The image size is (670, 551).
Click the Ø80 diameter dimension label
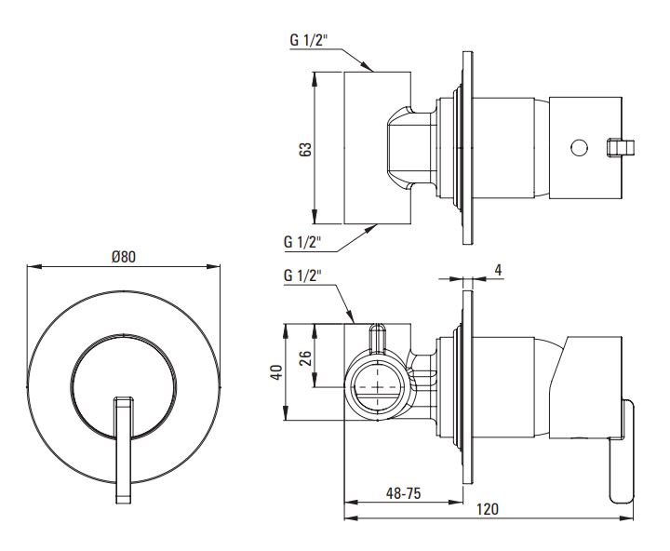click(124, 257)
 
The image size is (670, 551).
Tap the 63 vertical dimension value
click(305, 149)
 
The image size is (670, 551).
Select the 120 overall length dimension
click(488, 509)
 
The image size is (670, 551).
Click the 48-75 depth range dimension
click(403, 493)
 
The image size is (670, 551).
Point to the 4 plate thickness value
click(498, 270)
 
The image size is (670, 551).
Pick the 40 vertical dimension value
click(276, 372)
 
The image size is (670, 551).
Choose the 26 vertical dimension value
click(305, 357)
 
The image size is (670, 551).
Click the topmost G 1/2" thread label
click(309, 40)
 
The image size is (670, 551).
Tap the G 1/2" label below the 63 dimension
click(302, 242)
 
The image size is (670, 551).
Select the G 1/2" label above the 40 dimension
click(302, 275)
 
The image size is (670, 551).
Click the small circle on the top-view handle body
click(579, 147)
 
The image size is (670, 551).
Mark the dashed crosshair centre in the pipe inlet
click(378, 387)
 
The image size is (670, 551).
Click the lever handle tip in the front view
click(124, 499)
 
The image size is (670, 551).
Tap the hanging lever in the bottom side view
click(622, 451)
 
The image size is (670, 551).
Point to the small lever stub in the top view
click(622, 148)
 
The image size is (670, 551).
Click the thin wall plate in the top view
click(468, 148)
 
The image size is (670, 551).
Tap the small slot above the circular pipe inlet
click(378, 339)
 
